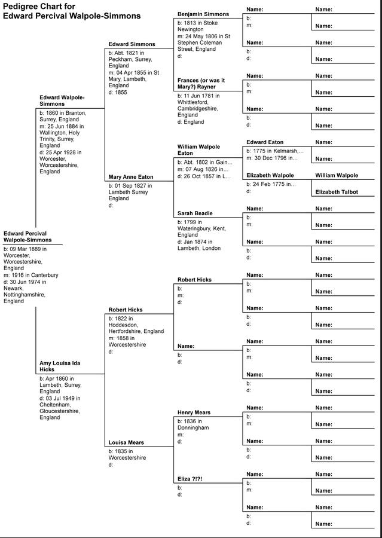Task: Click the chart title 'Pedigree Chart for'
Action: point(39,7)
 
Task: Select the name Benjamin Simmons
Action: point(203,14)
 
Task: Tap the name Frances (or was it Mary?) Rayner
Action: point(201,83)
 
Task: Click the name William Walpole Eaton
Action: point(198,149)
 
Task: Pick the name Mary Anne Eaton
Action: point(130,177)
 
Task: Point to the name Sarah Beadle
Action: point(195,213)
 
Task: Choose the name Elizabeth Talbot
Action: point(337,192)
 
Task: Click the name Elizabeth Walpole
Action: point(270,175)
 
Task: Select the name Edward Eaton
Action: point(265,142)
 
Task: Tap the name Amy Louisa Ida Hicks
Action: point(60,366)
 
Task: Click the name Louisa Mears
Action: point(126,443)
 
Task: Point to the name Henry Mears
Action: point(194,412)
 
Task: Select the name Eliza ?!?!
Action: point(190,479)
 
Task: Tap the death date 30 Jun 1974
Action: point(30,282)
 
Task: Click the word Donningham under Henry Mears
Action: point(193,428)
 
